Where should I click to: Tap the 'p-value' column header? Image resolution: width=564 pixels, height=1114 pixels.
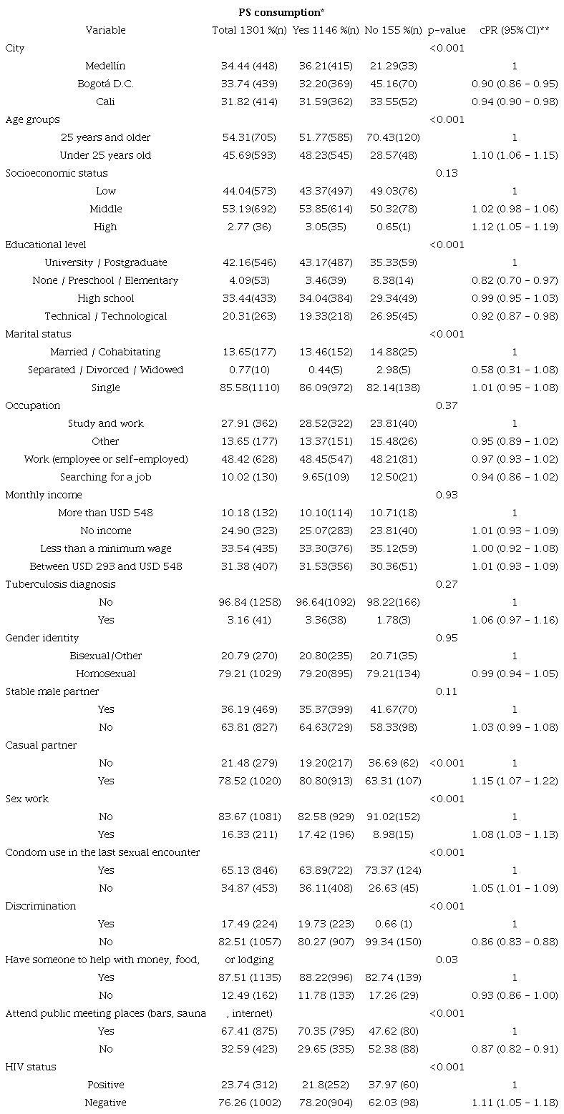tap(447, 30)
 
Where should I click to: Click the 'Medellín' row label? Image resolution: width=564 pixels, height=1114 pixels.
tap(105, 66)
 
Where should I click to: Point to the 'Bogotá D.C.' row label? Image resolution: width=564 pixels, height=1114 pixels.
tap(105, 84)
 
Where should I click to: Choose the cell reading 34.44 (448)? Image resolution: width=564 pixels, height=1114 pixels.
tap(248, 66)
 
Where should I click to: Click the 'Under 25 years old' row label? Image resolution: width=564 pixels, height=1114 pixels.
tap(105, 155)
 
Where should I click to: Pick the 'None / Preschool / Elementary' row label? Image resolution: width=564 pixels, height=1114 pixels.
tap(105, 280)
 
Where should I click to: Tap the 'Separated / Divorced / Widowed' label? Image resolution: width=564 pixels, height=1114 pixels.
tap(105, 370)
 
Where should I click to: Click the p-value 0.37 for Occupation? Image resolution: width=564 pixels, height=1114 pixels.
tap(447, 405)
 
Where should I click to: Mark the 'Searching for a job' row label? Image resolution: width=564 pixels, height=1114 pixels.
tap(105, 477)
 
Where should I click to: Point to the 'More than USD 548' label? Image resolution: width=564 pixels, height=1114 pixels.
tap(105, 513)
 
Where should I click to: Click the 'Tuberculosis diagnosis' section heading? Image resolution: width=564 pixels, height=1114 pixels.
tap(60, 584)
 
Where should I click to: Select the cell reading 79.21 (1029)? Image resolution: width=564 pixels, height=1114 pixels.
tap(248, 674)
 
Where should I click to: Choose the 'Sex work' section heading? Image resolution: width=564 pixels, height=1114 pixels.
tap(27, 799)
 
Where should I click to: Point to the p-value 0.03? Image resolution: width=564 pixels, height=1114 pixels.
tap(447, 960)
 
